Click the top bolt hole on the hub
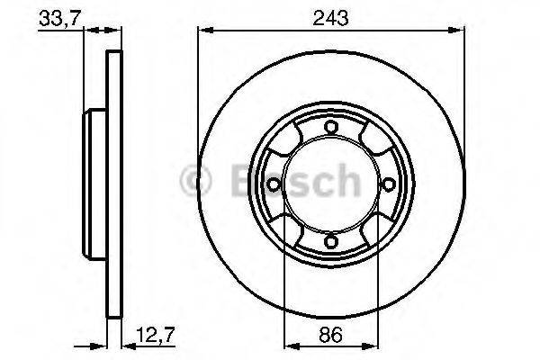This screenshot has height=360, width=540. click(330, 126)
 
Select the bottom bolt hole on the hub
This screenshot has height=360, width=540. click(330, 240)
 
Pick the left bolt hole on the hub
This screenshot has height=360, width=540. click(273, 184)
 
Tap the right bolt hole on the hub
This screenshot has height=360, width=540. click(388, 184)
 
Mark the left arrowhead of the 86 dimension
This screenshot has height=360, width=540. click(290, 346)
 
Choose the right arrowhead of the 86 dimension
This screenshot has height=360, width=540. click(371, 346)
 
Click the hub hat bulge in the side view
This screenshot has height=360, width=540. click(92, 184)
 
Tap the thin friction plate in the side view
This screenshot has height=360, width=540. click(113, 184)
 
